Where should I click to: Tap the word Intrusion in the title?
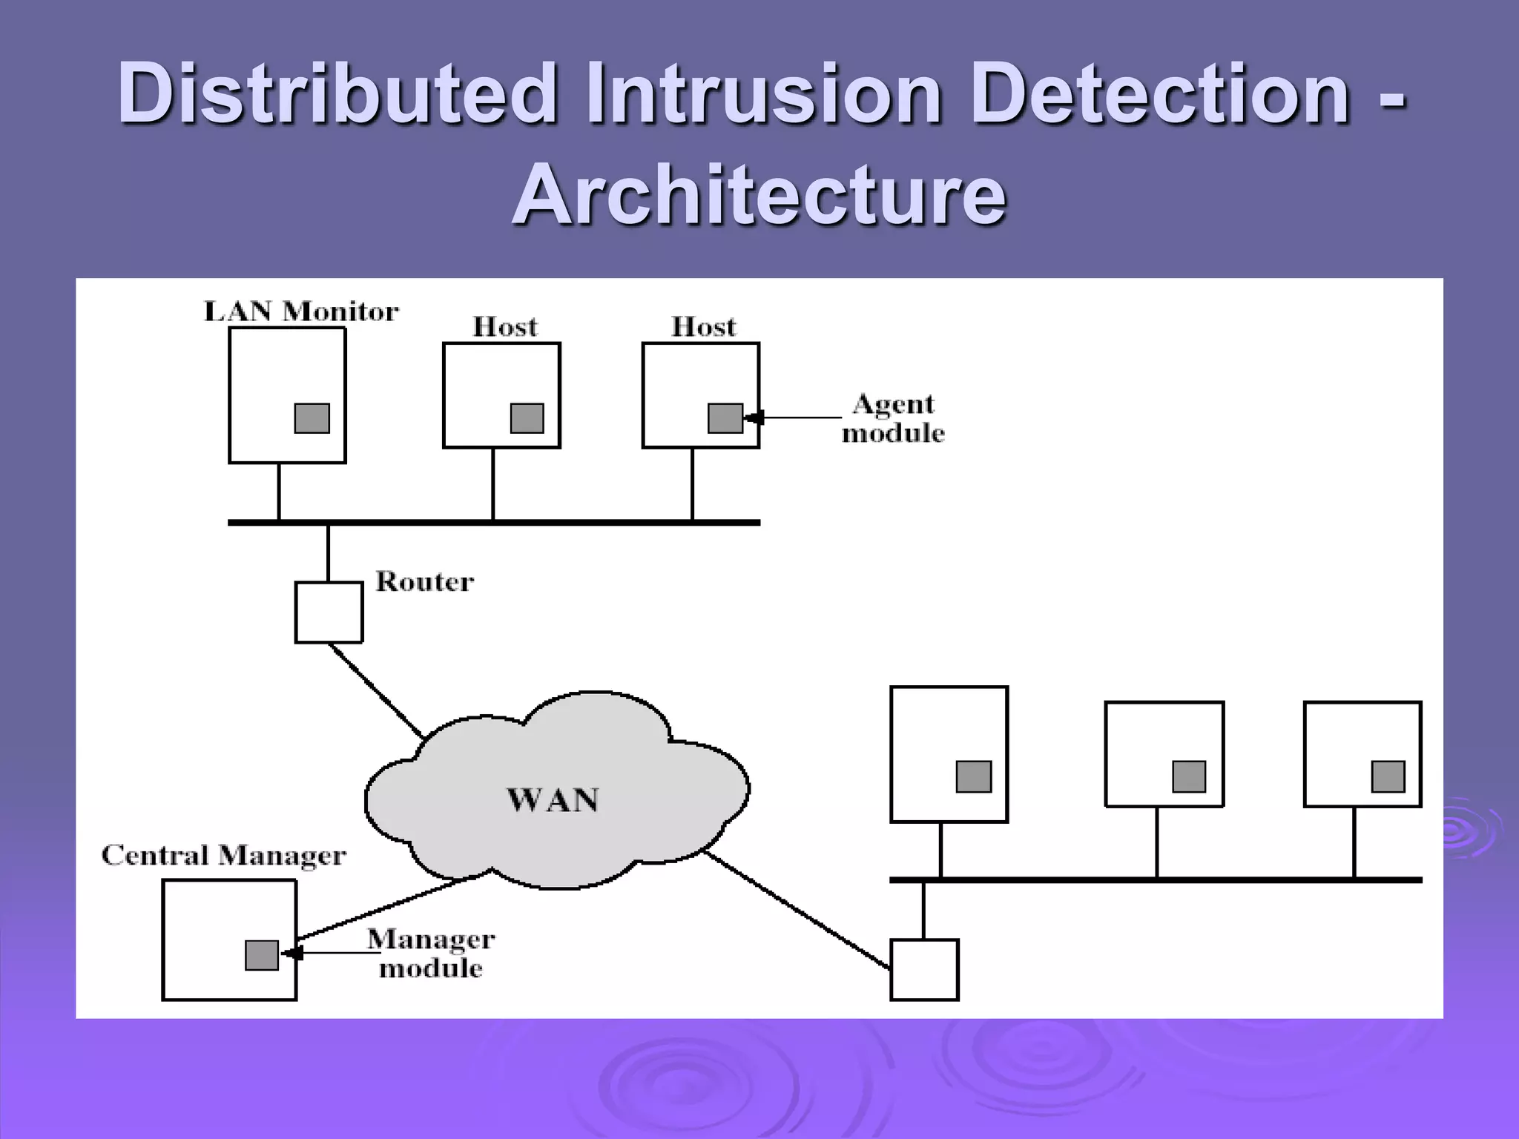click(763, 93)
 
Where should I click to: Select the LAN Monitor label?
click(301, 311)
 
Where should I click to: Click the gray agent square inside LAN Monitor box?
click(312, 418)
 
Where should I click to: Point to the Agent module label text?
click(893, 419)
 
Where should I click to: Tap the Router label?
click(424, 581)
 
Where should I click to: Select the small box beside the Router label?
click(329, 613)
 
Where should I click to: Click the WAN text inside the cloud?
click(553, 800)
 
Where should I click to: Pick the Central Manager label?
click(223, 856)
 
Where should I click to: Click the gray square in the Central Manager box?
click(262, 955)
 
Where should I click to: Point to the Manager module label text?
click(431, 954)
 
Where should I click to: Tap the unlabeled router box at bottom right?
click(924, 970)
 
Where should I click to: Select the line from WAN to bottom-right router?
click(797, 911)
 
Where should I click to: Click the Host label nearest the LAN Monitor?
click(505, 327)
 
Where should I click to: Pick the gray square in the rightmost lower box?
click(1388, 777)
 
